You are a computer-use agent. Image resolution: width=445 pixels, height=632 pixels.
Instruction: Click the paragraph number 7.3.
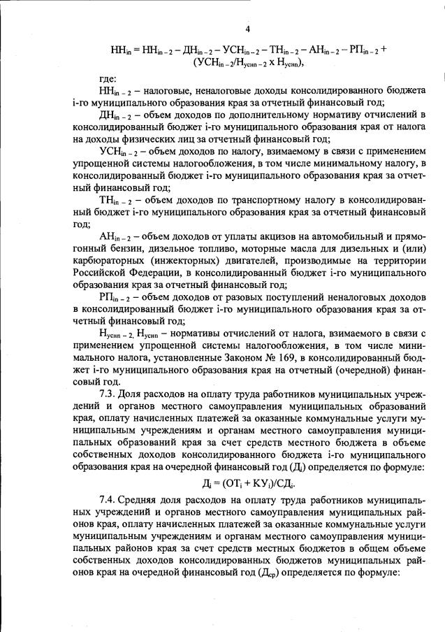click(x=108, y=396)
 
